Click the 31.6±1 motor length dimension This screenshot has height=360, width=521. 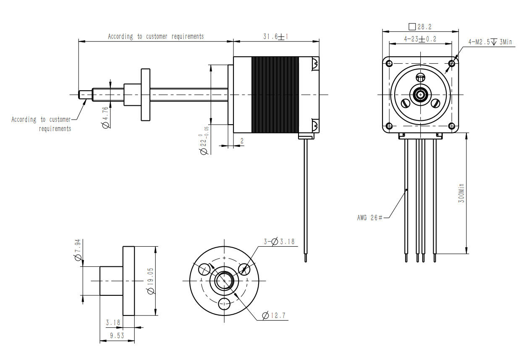click(x=275, y=37)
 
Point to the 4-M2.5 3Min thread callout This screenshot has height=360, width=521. click(x=490, y=42)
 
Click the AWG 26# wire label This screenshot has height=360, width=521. click(x=370, y=217)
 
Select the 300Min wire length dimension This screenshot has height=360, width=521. click(x=461, y=193)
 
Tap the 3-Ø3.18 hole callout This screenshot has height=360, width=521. click(x=279, y=242)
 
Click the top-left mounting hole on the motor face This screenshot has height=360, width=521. click(x=389, y=63)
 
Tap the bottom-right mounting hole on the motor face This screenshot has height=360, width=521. click(x=452, y=125)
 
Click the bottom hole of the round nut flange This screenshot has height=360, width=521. click(x=225, y=303)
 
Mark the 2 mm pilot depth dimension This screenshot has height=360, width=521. click(x=242, y=141)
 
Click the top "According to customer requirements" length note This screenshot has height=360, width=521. click(x=156, y=37)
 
